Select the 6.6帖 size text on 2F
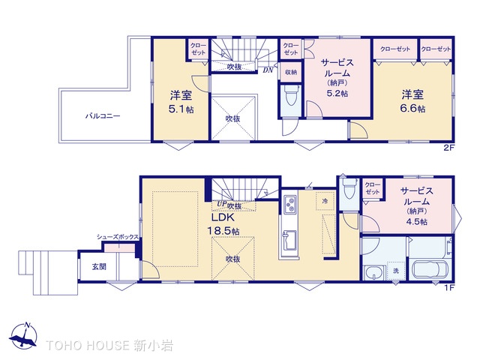pyautogui.click(x=412, y=109)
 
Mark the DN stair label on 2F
pyautogui.click(x=268, y=71)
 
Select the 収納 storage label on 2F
pyautogui.click(x=290, y=72)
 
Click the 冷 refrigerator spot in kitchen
pyautogui.click(x=325, y=202)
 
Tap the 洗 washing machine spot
pyautogui.click(x=394, y=270)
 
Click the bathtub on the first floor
pyautogui.click(x=428, y=270)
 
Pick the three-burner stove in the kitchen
pyautogui.click(x=291, y=205)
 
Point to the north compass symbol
pyautogui.click(x=25, y=336)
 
